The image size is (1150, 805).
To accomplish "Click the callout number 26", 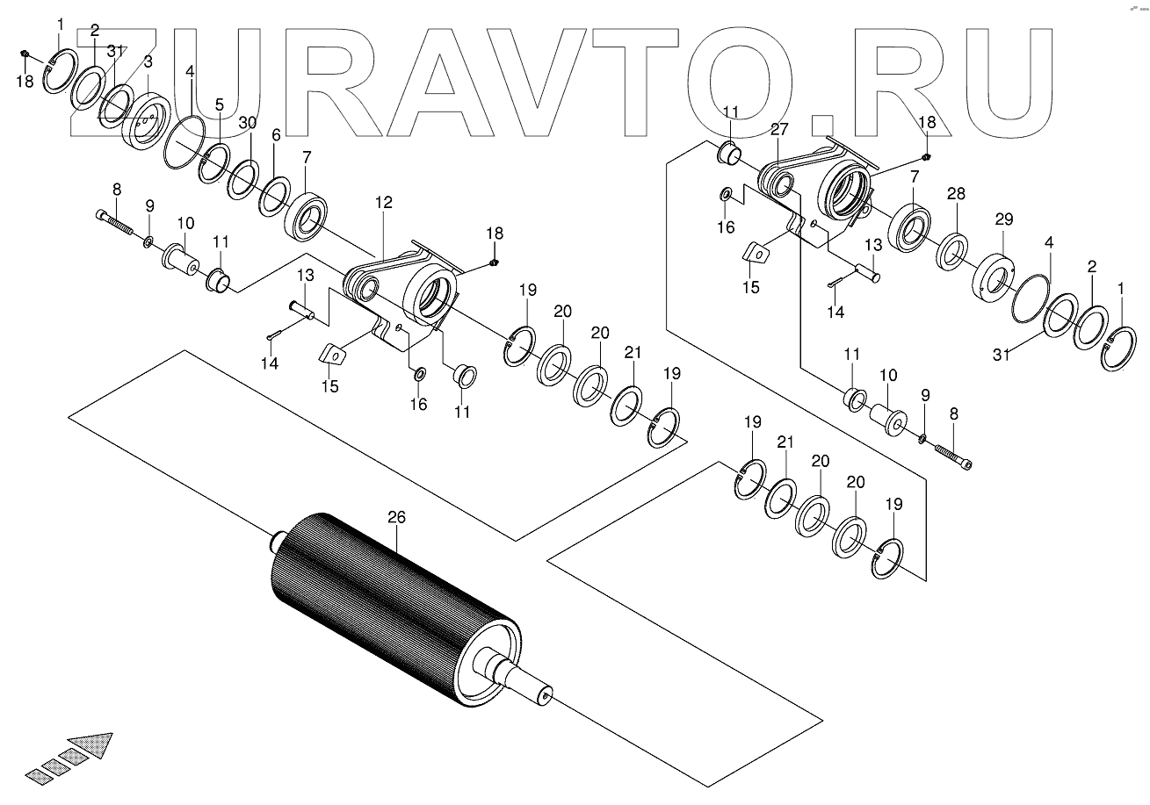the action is (x=397, y=518).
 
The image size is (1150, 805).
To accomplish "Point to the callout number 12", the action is (x=384, y=203).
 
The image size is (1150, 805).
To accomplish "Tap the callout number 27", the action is (x=779, y=129).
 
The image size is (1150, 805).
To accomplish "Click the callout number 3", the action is (x=148, y=61).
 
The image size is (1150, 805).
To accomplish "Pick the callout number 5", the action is (x=219, y=104).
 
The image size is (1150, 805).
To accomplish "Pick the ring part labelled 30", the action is (x=242, y=180).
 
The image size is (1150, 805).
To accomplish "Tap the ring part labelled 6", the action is (x=274, y=198).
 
